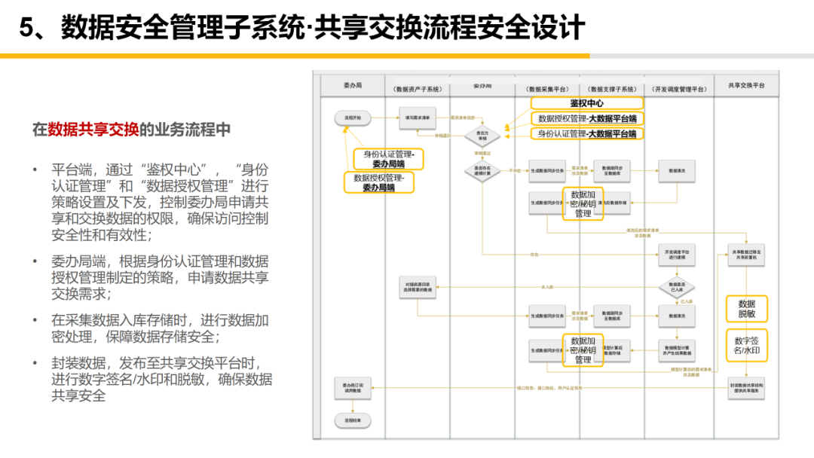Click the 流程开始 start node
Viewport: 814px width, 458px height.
353,118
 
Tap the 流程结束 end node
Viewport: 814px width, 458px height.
353,420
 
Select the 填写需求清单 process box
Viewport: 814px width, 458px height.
417,118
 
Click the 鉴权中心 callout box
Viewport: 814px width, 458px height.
586,103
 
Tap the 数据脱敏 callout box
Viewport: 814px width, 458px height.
746,309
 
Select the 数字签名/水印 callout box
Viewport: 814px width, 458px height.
746,347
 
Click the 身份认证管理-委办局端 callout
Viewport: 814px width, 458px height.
389,158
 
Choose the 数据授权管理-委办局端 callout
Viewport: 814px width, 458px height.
379,182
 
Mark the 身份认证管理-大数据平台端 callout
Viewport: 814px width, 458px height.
586,133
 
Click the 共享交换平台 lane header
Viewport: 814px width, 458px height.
746,86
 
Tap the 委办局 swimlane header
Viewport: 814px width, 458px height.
353,86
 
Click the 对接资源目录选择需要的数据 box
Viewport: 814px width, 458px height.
417,286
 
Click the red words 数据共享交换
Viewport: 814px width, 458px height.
93,129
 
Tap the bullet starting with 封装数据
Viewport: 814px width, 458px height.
161,379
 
